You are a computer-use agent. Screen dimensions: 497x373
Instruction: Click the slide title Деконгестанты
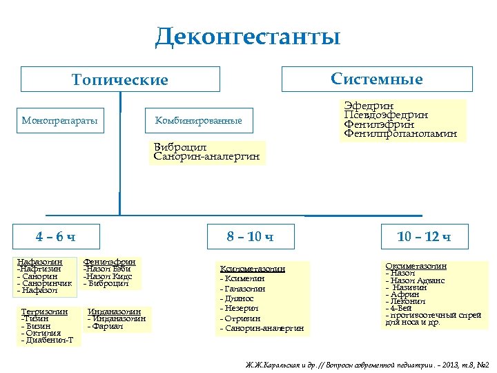[x=248, y=37]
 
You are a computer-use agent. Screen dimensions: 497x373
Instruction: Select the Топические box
[x=120, y=79]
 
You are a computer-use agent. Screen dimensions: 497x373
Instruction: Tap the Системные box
[x=377, y=79]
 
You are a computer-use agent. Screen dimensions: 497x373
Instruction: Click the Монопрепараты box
[x=59, y=121]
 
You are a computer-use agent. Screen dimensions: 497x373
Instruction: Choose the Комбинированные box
[x=198, y=121]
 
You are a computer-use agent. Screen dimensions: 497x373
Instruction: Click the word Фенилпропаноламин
[x=400, y=133]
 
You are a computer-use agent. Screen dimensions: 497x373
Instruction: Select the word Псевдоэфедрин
[x=386, y=115]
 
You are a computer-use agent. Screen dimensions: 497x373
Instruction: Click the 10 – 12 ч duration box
[x=424, y=237]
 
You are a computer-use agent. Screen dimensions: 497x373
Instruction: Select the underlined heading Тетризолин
[x=45, y=312]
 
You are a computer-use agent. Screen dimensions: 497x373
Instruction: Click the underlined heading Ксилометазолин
[x=253, y=268]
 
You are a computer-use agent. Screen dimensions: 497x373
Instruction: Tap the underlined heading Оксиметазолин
[x=416, y=266]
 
